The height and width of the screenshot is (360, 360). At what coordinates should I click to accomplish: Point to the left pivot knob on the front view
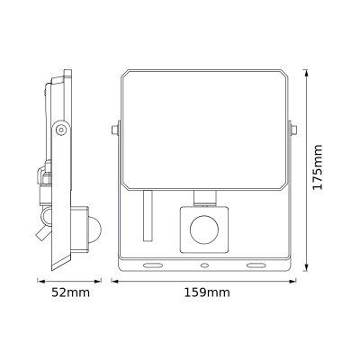(x=114, y=132)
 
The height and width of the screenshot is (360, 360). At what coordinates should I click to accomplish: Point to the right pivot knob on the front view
(x=293, y=132)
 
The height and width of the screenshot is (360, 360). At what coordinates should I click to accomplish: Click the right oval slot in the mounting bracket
(x=256, y=265)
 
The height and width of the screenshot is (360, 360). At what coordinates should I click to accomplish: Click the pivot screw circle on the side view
(x=59, y=130)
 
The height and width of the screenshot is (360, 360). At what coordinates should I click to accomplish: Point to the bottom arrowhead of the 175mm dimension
(x=306, y=269)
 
